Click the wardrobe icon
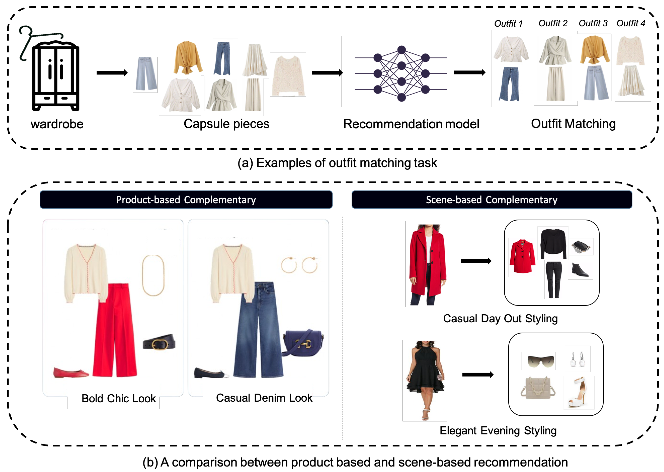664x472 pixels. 55,76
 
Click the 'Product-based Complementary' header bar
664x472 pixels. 186,200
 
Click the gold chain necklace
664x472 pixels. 153,275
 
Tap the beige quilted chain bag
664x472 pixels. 538,389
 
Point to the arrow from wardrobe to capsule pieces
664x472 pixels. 112,73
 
